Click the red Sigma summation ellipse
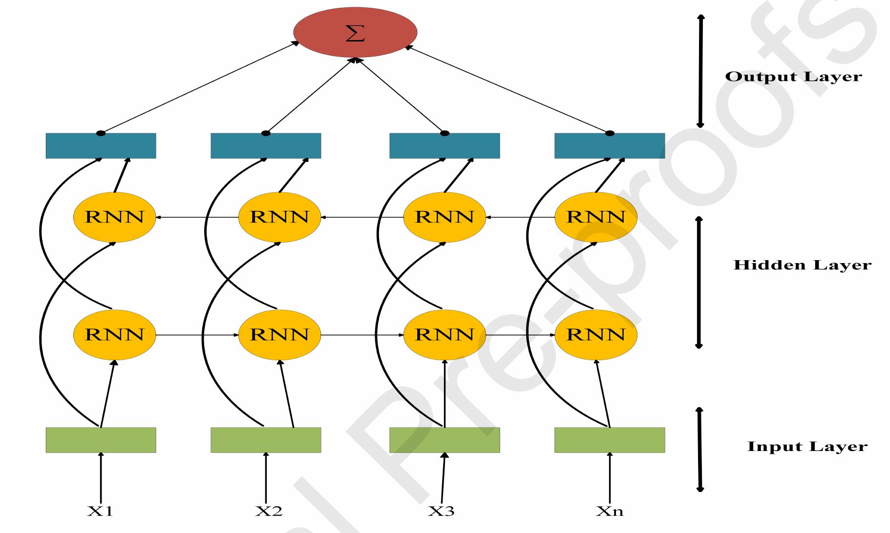[355, 33]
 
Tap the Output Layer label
[794, 77]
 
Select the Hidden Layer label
[802, 265]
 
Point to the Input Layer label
[807, 447]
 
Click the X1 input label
[100, 511]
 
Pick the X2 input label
[269, 511]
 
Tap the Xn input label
[610, 511]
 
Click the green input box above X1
[101, 440]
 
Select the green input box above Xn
[610, 440]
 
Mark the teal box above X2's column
[266, 146]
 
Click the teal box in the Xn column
[610, 146]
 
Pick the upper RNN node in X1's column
[114, 217]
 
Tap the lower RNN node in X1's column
[114, 335]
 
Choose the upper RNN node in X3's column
[445, 217]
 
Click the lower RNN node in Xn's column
[596, 335]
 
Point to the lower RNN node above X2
[279, 335]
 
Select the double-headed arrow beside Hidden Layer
[699, 283]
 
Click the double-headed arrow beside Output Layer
[701, 71]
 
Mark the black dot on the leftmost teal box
[101, 133]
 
